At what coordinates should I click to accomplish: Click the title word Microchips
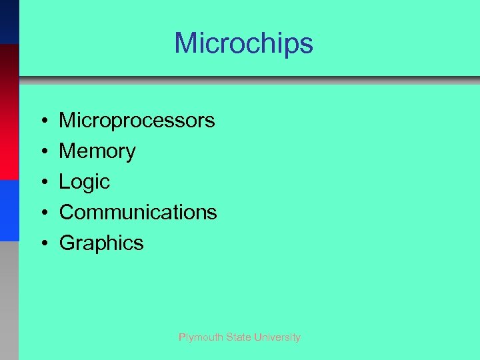pyautogui.click(x=243, y=44)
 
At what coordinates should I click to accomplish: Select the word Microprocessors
pyautogui.click(x=137, y=121)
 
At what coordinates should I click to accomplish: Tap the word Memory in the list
pyautogui.click(x=97, y=151)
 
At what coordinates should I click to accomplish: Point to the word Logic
pyautogui.click(x=85, y=182)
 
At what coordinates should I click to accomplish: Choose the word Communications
pyautogui.click(x=138, y=213)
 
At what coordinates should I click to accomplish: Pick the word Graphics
pyautogui.click(x=101, y=243)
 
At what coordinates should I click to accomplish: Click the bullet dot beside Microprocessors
pyautogui.click(x=42, y=121)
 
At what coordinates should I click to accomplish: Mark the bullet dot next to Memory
pyautogui.click(x=42, y=152)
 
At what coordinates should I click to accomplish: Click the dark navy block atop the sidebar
pyautogui.click(x=9, y=22)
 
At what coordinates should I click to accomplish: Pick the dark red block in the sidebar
pyautogui.click(x=9, y=112)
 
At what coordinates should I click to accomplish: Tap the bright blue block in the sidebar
pyautogui.click(x=9, y=210)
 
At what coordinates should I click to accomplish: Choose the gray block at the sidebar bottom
pyautogui.click(x=9, y=300)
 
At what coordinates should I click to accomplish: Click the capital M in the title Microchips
pyautogui.click(x=185, y=44)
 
